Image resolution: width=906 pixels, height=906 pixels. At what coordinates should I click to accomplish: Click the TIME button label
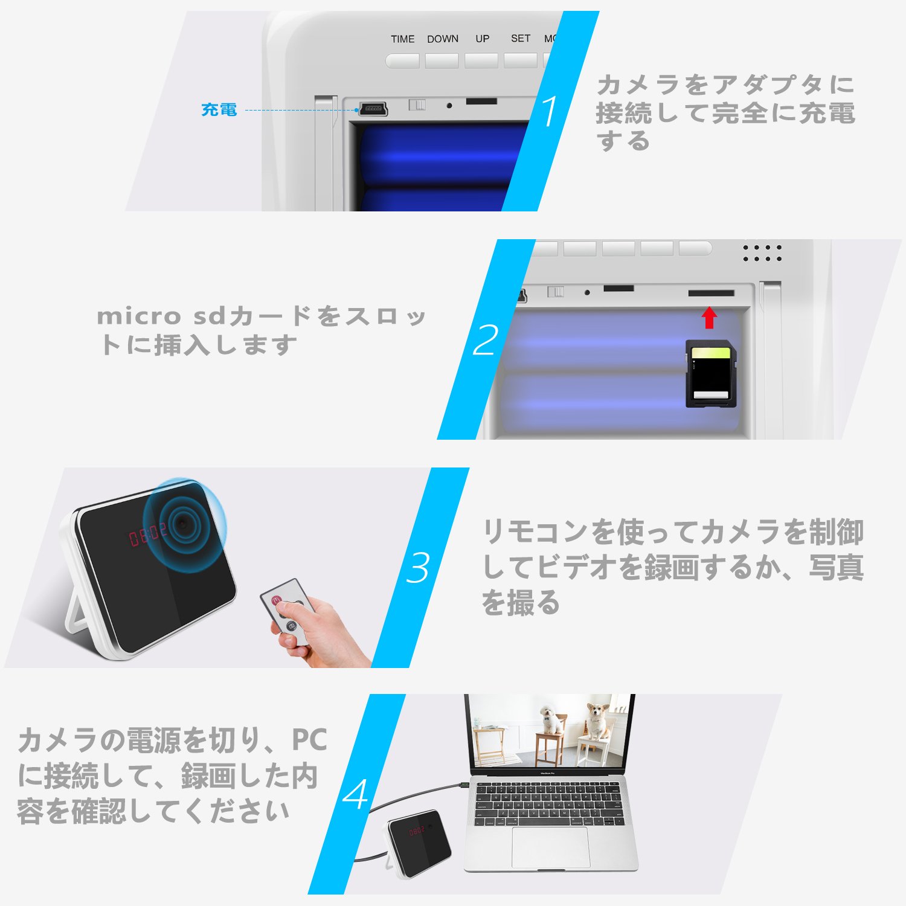click(x=402, y=39)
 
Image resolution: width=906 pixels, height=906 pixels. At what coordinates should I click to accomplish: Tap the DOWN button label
click(x=443, y=39)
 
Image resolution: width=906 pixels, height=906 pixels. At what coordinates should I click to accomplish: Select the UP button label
click(x=482, y=39)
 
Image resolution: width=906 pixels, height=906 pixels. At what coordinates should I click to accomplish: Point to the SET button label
click(x=520, y=38)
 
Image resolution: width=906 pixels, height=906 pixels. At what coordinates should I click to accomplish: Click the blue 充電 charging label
click(x=219, y=110)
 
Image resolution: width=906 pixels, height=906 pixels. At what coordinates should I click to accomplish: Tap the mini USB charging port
click(x=373, y=109)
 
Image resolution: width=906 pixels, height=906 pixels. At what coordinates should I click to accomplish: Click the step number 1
click(x=549, y=112)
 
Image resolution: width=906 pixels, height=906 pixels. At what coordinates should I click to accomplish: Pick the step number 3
click(x=418, y=568)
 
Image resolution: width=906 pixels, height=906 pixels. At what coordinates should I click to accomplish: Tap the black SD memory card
click(x=711, y=374)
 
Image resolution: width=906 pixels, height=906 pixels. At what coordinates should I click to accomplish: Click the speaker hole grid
click(x=762, y=253)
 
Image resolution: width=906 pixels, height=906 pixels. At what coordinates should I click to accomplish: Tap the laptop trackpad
click(x=550, y=847)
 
